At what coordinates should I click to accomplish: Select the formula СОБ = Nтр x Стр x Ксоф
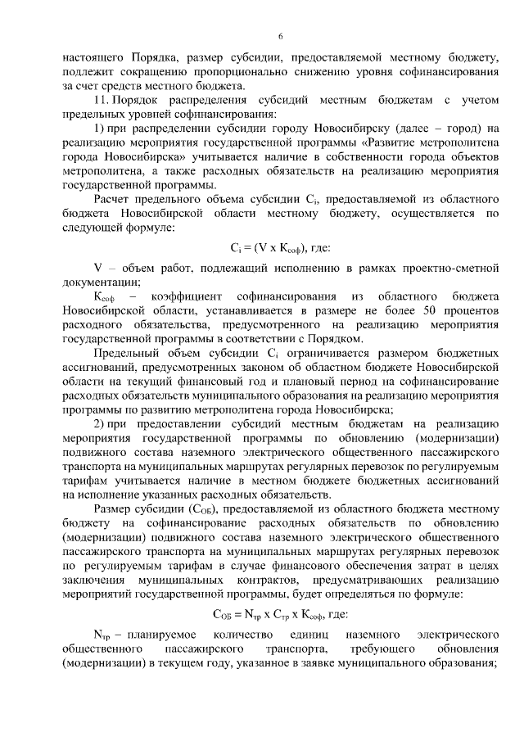[280, 612]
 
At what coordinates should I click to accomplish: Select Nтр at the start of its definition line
[102, 635]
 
